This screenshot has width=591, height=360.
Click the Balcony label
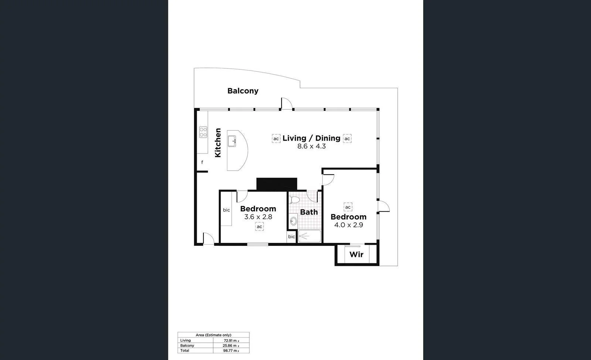[x=243, y=91]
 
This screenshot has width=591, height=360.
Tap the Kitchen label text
[x=218, y=143]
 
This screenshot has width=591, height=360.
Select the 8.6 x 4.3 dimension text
[x=311, y=146]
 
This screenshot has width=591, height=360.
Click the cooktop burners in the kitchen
[x=203, y=132]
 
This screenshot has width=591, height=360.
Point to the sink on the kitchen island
[x=232, y=141]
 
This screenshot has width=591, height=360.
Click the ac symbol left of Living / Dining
[x=276, y=139]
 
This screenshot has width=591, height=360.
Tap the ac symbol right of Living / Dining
[x=347, y=139]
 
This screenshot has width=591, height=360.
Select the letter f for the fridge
[x=202, y=162]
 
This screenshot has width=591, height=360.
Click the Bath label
[x=309, y=212]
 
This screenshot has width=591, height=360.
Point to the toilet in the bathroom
[x=294, y=200]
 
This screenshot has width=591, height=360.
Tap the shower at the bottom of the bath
[x=310, y=236]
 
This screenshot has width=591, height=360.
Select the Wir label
[x=356, y=254]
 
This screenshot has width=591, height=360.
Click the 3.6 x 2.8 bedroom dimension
[x=258, y=217]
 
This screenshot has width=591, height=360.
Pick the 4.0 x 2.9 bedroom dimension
[x=348, y=225]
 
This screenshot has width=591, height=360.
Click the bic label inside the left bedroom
[x=226, y=210]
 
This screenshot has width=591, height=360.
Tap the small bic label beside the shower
[x=291, y=237]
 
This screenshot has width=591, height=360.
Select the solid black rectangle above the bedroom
[x=277, y=184]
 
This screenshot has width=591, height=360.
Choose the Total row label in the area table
[x=185, y=350]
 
